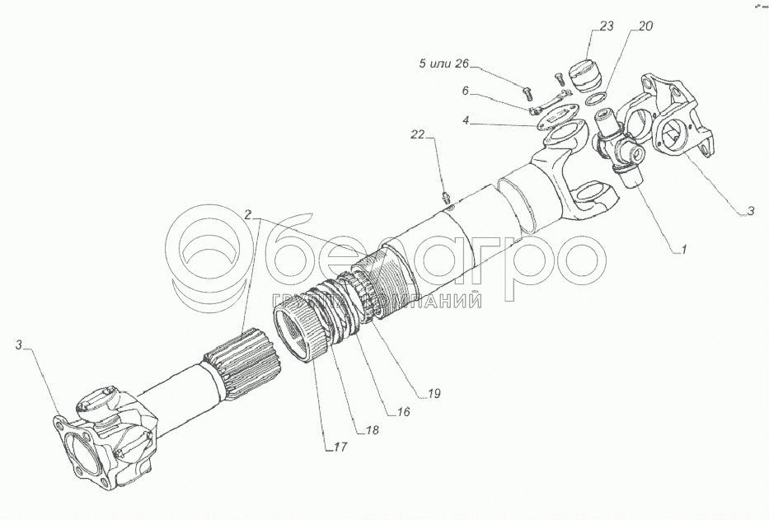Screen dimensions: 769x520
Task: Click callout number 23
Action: (x=607, y=26)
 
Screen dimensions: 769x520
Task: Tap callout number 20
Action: (x=645, y=26)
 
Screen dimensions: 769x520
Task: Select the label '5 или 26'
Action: (x=443, y=63)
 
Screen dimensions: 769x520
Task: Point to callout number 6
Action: (x=466, y=91)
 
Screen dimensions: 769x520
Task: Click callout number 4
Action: (x=466, y=119)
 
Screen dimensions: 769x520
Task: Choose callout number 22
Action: (x=417, y=134)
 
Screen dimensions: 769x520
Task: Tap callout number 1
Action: (x=683, y=249)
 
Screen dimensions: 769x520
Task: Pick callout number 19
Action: (x=434, y=393)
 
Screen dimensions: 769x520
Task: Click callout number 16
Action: (x=403, y=411)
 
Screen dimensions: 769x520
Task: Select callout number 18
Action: (x=373, y=429)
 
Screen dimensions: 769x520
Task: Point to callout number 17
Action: (x=340, y=447)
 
